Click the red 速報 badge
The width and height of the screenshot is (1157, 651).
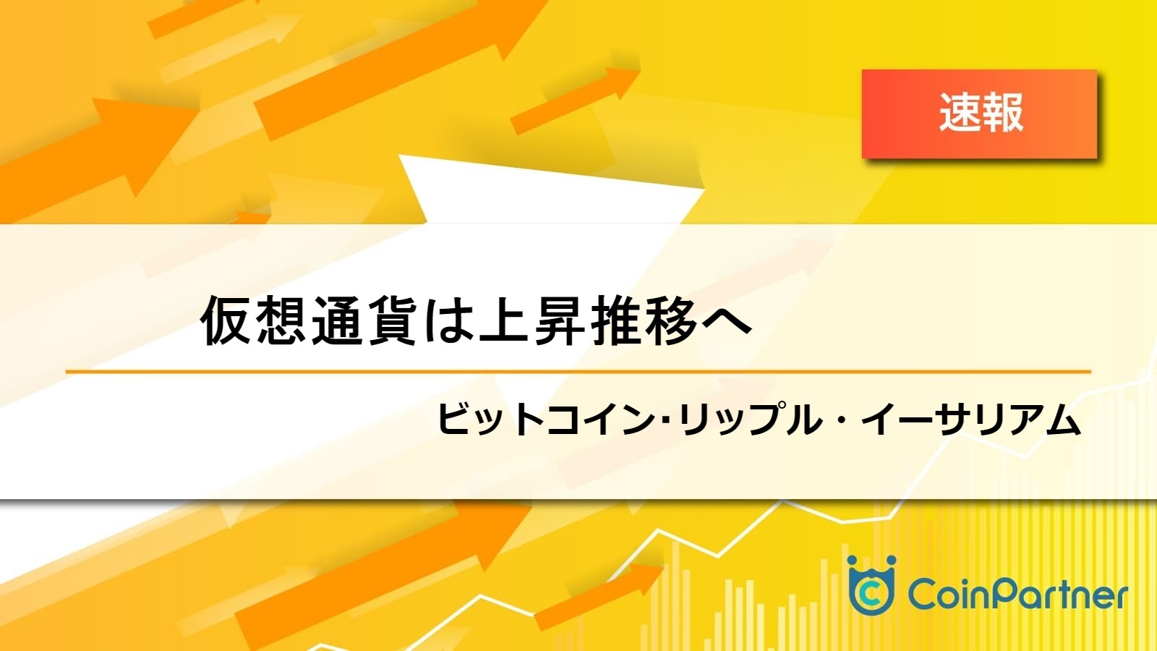979,114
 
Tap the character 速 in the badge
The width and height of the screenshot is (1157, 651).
959,113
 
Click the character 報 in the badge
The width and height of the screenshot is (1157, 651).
1002,113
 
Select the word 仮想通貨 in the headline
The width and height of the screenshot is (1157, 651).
309,320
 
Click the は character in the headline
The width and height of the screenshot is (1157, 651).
448,321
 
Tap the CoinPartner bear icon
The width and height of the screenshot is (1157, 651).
871,585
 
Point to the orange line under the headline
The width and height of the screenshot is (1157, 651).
578,372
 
